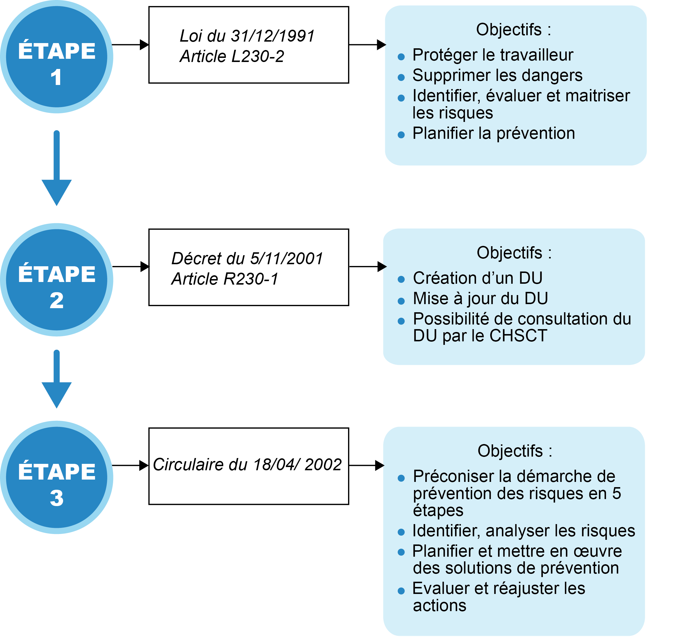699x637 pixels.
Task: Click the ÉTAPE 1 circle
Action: [56, 56]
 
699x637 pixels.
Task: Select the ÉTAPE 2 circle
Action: [56, 280]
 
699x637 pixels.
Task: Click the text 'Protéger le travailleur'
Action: [493, 55]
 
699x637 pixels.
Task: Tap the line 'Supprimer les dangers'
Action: [497, 75]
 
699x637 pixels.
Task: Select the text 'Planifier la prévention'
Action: [494, 133]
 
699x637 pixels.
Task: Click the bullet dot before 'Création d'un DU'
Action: [401, 279]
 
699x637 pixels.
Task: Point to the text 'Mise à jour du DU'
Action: [480, 298]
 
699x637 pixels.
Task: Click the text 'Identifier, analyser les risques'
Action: [524, 531]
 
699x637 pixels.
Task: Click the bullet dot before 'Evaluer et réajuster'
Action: [401, 591]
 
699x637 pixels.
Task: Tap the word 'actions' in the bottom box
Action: [440, 606]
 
